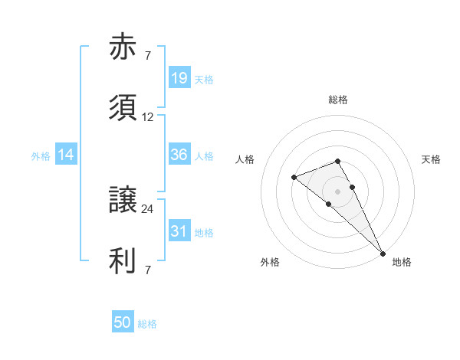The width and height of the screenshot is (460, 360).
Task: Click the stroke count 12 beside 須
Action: [148, 117]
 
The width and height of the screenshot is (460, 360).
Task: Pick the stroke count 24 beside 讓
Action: [148, 208]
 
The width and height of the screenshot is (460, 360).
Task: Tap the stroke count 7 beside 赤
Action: [148, 56]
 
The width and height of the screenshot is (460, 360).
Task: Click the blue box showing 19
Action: [179, 78]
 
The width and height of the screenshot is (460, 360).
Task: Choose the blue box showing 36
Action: [179, 155]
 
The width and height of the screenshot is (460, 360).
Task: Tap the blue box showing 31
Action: [179, 231]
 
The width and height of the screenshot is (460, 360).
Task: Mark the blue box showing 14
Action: [66, 155]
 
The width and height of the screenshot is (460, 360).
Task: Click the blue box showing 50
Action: [123, 322]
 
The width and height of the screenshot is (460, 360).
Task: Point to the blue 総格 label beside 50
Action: [147, 324]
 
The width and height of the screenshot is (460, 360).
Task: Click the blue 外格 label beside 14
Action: [41, 156]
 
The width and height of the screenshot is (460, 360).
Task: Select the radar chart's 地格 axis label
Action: [402, 263]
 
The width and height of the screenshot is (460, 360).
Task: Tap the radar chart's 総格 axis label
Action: [338, 100]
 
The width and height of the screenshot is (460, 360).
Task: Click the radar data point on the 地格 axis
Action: [383, 253]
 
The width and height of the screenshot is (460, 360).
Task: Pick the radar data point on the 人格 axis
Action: [294, 178]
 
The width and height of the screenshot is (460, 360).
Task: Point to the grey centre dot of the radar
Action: [338, 190]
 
